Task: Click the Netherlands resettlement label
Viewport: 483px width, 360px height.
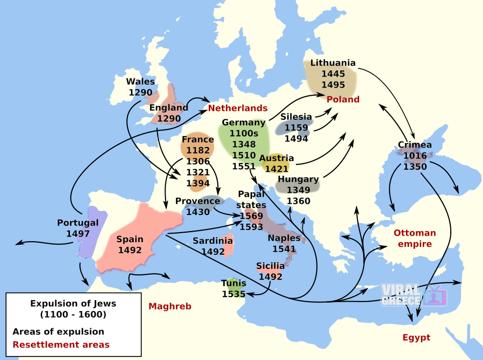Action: tap(237, 108)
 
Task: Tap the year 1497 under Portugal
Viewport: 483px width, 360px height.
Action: tap(78, 234)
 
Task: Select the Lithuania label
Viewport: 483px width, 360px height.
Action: tap(333, 63)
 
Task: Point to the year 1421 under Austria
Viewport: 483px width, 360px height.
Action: tap(277, 169)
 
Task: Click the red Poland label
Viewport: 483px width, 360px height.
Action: tap(343, 99)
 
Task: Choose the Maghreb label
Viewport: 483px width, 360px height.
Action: tap(170, 306)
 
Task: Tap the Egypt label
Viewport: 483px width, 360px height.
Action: tap(416, 337)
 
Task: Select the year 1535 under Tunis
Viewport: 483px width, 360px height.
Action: tap(234, 294)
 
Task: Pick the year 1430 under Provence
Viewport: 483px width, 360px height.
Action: tap(198, 212)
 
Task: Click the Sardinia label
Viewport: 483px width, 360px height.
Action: tap(213, 241)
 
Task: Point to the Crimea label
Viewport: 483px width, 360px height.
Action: tap(415, 145)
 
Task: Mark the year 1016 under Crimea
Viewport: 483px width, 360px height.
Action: tap(415, 156)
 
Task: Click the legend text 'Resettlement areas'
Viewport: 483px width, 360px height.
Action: tap(61, 345)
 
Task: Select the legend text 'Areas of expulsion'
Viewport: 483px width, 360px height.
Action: tap(58, 332)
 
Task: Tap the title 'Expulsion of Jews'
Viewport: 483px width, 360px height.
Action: tap(73, 304)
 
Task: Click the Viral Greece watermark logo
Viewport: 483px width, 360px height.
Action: tap(414, 296)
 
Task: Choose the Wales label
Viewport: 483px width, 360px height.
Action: tap(140, 82)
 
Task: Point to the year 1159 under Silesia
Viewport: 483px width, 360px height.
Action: tap(296, 127)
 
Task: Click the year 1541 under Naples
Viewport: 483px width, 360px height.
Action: tap(284, 249)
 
